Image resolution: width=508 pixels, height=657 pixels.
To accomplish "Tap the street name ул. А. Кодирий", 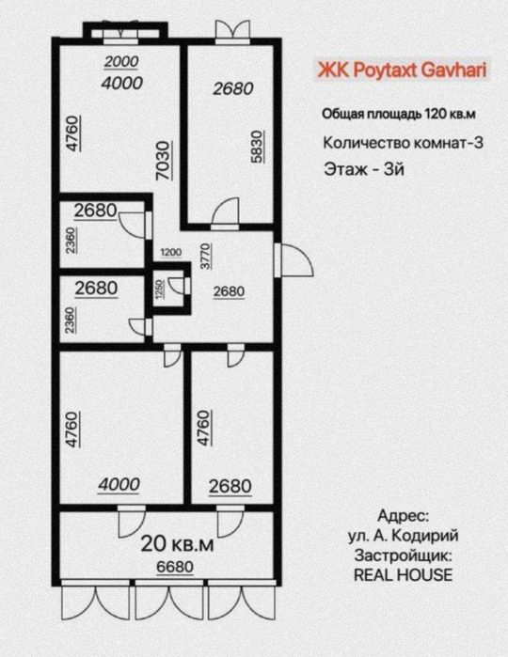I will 403,535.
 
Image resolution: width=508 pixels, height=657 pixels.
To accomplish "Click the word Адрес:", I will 403,516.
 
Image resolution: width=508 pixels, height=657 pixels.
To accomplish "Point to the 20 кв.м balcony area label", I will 178,542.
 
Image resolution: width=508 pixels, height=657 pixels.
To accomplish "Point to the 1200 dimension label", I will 169,253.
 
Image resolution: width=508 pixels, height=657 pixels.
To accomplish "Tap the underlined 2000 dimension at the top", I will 119,62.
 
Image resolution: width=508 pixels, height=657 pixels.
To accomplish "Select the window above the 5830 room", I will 227,30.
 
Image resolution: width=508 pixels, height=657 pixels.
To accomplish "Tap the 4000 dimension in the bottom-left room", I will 119,484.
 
